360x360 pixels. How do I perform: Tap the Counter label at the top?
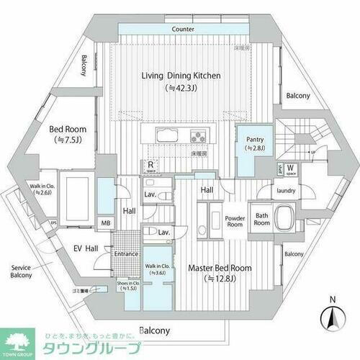[184, 30]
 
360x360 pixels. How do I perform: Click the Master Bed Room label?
[220, 268]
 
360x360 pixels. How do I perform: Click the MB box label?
[105, 223]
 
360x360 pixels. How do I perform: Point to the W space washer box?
[289, 170]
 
